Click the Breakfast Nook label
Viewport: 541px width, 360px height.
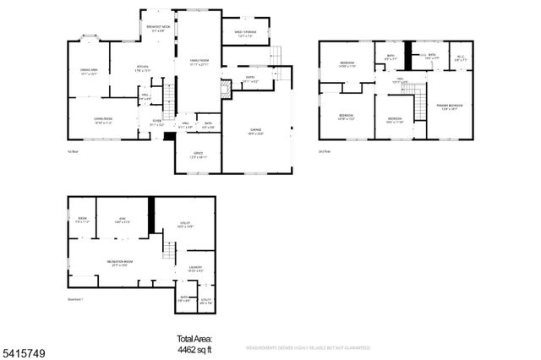pyautogui.click(x=157, y=28)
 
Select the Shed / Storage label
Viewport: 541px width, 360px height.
pyautogui.click(x=246, y=33)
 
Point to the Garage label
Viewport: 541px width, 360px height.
pyautogui.click(x=255, y=130)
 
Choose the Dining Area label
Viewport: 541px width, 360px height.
pyautogui.click(x=89, y=71)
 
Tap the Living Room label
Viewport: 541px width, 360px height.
pyautogui.click(x=103, y=119)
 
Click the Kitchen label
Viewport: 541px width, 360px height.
pyautogui.click(x=143, y=69)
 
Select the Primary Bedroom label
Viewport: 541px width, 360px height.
pyautogui.click(x=449, y=106)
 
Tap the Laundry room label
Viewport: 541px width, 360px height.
pyautogui.click(x=194, y=268)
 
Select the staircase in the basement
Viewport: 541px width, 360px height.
pyautogui.click(x=169, y=251)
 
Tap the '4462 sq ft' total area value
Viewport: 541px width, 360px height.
pyautogui.click(x=194, y=347)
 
